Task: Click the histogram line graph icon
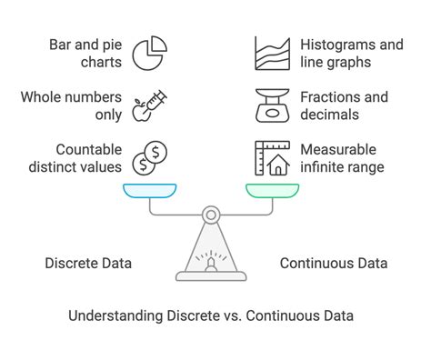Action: point(273,55)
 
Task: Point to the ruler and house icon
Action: point(273,158)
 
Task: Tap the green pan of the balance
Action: point(272,190)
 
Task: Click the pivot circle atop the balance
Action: point(210,215)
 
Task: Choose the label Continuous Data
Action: point(333,264)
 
